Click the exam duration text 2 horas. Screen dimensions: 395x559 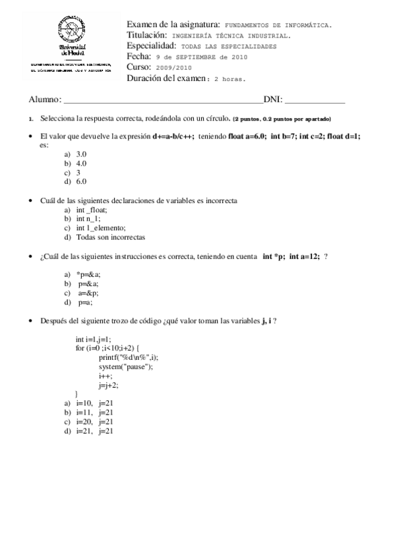click(229, 78)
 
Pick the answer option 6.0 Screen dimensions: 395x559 click(81, 181)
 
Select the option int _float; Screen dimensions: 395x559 click(91, 209)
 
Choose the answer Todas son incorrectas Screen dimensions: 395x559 click(110, 237)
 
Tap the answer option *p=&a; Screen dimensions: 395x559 click(88, 275)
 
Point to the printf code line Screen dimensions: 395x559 click(129, 357)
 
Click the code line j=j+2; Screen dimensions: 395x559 click(109, 384)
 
